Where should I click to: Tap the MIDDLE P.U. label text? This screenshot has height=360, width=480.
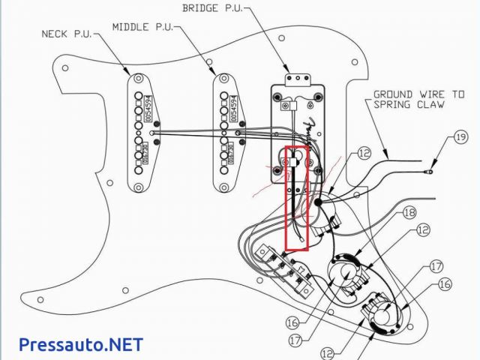pos(142,26)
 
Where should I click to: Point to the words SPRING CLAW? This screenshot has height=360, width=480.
pos(409,105)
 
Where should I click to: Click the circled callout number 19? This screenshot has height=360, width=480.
pos(460,138)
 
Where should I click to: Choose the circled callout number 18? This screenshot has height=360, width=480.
pos(409,212)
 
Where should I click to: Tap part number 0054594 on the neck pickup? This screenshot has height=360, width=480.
pos(148,107)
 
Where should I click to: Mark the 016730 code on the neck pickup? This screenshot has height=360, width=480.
pos(148,154)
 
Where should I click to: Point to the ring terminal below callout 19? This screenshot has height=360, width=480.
pos(430,172)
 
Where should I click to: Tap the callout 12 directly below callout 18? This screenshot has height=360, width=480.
pos(424,230)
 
